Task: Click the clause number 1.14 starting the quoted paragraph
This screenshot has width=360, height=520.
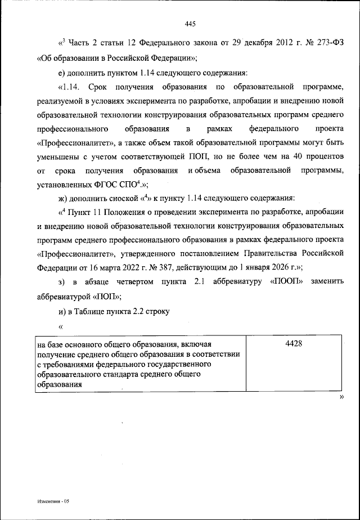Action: (74, 88)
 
